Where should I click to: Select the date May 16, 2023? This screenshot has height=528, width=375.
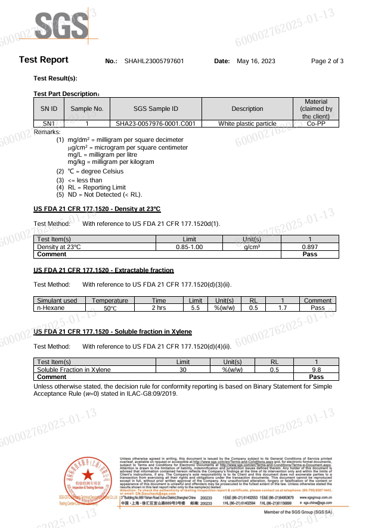(256, 61)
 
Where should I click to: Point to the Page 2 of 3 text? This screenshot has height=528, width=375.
(327, 61)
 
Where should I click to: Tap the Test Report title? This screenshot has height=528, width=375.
(44, 60)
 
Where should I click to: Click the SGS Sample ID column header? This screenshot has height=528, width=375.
(156, 108)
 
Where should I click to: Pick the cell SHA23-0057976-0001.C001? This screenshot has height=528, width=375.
(156, 124)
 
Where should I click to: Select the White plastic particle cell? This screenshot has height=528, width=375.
(247, 124)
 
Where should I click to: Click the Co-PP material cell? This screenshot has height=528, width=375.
(316, 124)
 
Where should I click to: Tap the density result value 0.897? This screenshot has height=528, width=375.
(309, 247)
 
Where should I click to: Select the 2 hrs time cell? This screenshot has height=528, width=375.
(159, 308)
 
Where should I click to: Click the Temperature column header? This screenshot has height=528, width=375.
(110, 301)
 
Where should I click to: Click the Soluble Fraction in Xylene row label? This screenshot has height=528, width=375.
(74, 369)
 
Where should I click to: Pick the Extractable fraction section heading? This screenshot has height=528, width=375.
(104, 271)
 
